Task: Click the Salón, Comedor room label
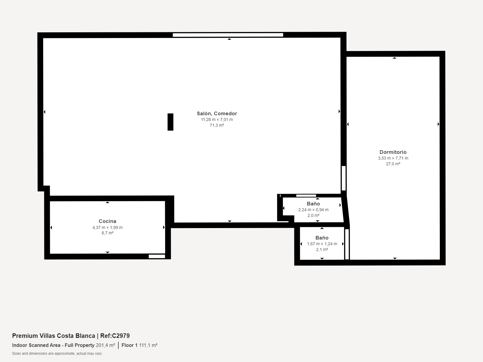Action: [x=217, y=113]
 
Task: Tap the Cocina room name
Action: [x=107, y=221]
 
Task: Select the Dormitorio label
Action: [x=393, y=152]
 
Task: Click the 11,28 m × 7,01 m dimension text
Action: [x=217, y=119]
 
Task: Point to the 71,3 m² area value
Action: [x=217, y=125]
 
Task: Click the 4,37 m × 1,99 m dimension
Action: [x=107, y=227]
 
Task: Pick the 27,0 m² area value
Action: [x=393, y=164]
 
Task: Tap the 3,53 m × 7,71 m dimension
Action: [x=393, y=158]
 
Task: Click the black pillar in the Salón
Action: [x=170, y=122]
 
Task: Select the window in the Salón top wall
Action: [x=228, y=35]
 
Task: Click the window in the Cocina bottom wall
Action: [x=157, y=256]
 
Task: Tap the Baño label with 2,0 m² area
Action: [x=313, y=204]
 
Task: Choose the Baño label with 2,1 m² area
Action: [x=322, y=238]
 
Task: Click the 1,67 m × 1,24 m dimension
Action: [x=322, y=244]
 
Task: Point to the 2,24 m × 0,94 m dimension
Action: [x=313, y=210]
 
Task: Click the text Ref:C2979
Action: [x=115, y=336]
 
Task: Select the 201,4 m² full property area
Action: [x=105, y=345]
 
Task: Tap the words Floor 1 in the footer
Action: [x=130, y=345]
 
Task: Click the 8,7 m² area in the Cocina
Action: [x=107, y=233]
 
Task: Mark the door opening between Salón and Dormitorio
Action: [x=344, y=178]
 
